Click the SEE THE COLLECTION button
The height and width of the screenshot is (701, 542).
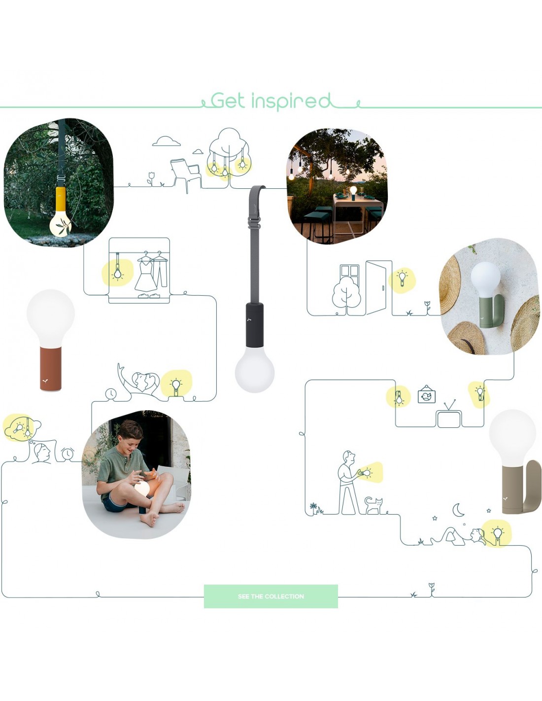tap(271, 596)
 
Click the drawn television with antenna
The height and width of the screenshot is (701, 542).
tap(449, 416)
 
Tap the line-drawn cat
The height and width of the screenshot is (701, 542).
tap(374, 505)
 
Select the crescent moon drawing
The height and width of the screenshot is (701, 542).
tap(458, 510)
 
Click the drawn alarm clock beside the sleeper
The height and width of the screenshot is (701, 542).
tap(68, 454)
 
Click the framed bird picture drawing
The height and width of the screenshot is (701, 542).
tap(427, 395)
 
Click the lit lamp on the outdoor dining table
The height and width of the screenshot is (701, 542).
tap(353, 190)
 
